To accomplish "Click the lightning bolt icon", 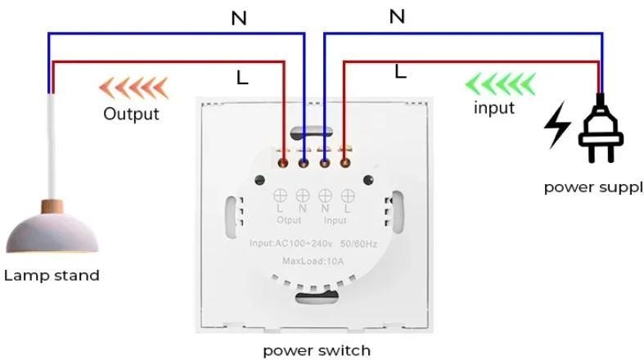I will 559,125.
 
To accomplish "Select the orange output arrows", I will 133,86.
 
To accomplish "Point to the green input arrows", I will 500,83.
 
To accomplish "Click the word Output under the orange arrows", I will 131,113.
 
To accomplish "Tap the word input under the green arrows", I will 494,108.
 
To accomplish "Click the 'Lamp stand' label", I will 52,275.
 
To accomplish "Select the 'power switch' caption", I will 317,351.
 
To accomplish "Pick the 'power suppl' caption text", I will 593,187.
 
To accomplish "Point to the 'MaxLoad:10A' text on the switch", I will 313,261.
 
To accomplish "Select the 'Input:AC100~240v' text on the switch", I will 291,244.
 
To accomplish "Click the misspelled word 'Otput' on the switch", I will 289,220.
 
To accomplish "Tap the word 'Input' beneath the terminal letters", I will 336,220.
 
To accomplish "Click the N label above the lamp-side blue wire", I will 239,18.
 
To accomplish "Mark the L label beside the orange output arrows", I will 242,78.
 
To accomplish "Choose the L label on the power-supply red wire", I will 400,72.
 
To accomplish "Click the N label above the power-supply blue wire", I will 397,16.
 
